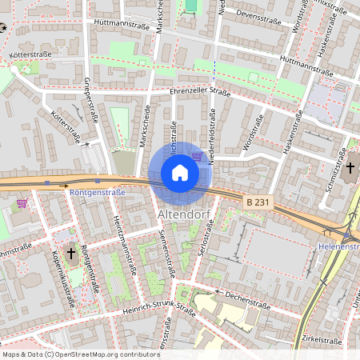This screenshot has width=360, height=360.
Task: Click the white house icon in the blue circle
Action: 179,173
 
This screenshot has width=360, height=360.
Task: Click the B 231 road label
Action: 259,203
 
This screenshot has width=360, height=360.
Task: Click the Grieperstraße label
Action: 89,95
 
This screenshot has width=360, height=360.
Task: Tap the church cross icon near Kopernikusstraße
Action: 71,254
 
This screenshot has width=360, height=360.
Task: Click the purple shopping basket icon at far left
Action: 22,203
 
